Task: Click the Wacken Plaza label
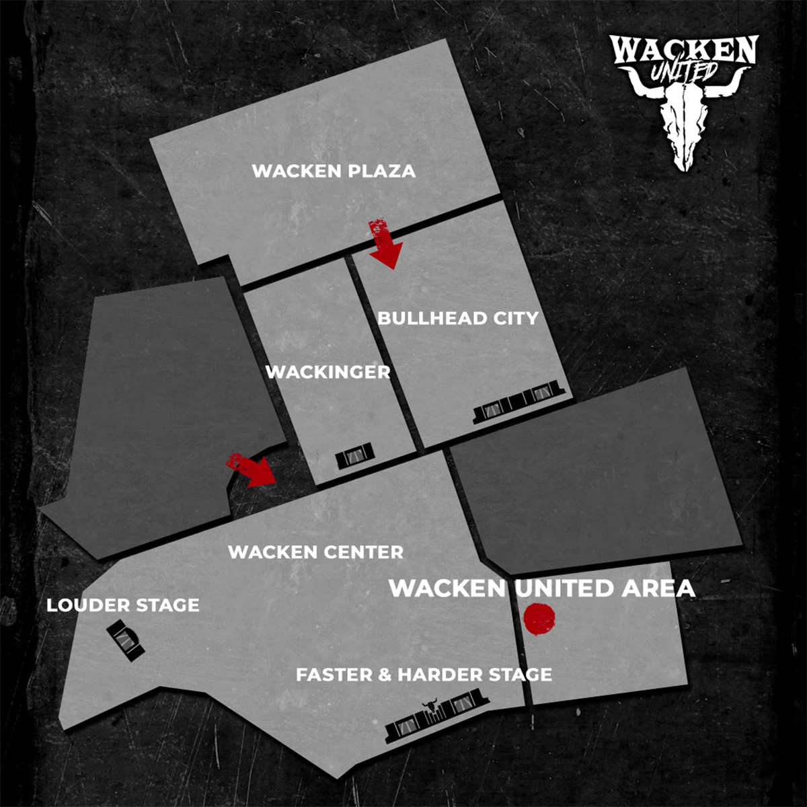[x=334, y=171]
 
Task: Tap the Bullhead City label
[x=458, y=318]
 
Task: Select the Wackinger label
[x=328, y=372]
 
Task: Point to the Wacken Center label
[x=315, y=552]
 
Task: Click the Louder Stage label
[x=123, y=605]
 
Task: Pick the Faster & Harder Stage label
[x=424, y=675]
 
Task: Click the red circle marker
[x=539, y=619]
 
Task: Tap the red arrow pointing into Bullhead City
[x=384, y=243]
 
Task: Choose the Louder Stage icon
[x=126, y=642]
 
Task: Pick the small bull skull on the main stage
[x=429, y=705]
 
